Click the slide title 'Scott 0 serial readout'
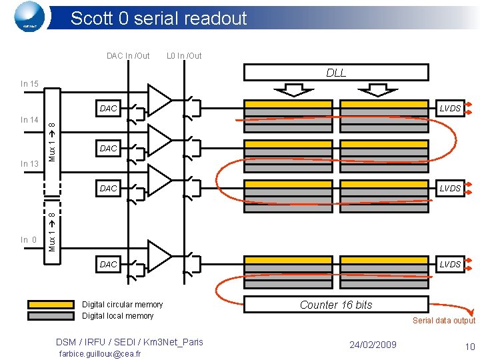159,18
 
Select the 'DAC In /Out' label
128,56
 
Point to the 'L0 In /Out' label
184,56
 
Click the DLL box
336,73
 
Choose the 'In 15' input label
29,84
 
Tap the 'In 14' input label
29,120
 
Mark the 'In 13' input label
29,164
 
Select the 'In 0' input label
29,240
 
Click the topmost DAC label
108,108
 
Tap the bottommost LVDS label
450,265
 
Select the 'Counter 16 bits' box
336,305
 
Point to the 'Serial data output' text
443,321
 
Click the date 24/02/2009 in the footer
373,345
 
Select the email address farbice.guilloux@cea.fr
99,353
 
